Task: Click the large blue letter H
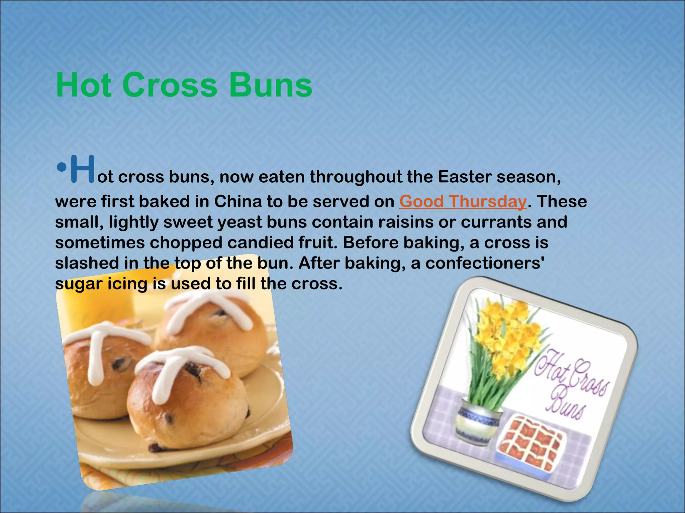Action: pos(82,169)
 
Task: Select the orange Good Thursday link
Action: pos(463,202)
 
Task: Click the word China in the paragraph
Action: pos(238,202)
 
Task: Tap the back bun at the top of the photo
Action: pos(214,324)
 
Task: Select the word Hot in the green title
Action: pos(84,85)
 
